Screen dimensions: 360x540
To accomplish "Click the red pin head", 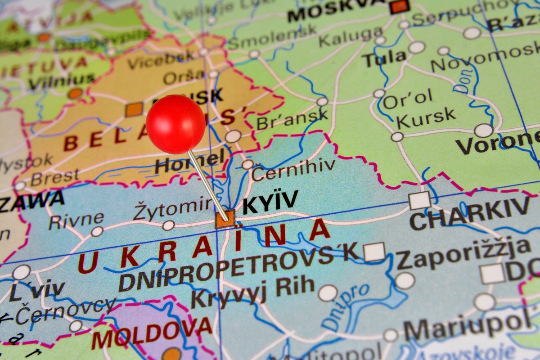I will (175, 124).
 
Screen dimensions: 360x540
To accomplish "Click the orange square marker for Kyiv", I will (225, 219).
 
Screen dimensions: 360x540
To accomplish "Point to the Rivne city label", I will (76, 220).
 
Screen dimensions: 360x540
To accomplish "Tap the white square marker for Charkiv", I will (419, 200).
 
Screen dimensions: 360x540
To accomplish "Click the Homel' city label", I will (189, 161).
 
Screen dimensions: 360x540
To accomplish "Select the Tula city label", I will (384, 58).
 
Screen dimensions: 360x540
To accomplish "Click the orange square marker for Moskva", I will (399, 7).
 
